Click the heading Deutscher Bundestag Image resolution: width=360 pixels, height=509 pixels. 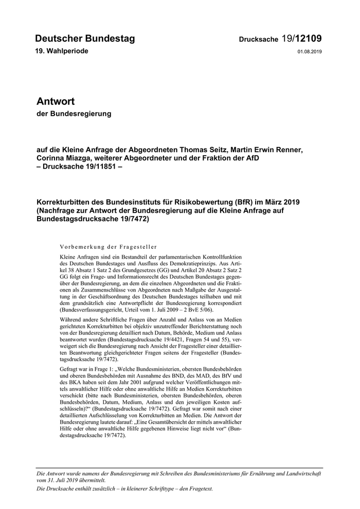(x=85, y=39)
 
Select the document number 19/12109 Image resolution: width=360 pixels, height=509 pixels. (x=302, y=39)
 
